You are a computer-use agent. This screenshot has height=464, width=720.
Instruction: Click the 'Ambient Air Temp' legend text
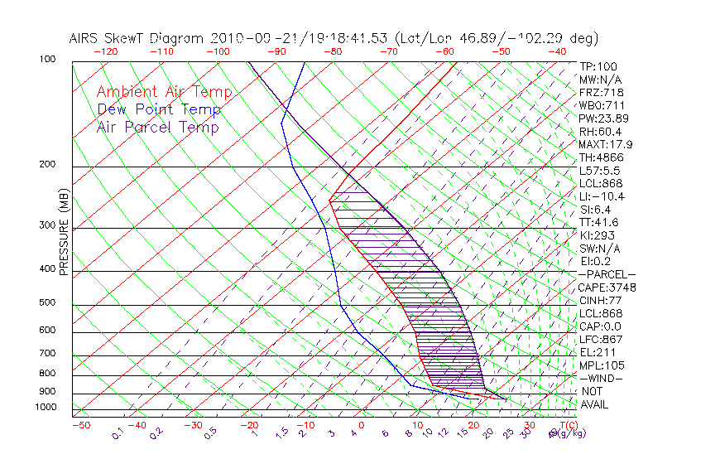click(164, 92)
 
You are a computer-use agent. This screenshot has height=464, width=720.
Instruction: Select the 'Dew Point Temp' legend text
click(159, 109)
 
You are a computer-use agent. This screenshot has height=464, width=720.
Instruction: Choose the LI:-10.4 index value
click(602, 196)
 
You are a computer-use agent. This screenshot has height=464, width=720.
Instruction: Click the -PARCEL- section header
click(607, 274)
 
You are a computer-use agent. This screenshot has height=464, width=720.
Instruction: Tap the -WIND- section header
click(602, 378)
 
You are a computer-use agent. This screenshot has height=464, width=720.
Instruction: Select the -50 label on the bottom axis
click(80, 425)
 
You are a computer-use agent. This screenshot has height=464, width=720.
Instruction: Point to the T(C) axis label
click(564, 425)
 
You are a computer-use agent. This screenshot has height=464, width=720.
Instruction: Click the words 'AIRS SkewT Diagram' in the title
click(137, 38)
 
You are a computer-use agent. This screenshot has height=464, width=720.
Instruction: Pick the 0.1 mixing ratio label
click(118, 433)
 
